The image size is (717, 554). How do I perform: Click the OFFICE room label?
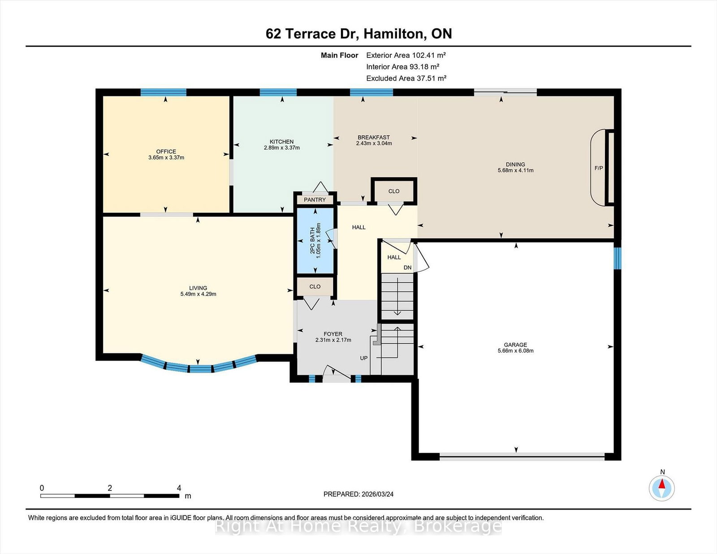coord(166,152)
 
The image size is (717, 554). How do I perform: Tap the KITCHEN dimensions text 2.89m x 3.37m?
coord(282,148)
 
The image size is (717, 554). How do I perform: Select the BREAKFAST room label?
coord(374,137)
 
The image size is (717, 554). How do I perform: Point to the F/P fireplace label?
coord(599,168)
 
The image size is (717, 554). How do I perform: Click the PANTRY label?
coord(315,200)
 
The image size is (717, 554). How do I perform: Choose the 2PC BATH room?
coord(315,241)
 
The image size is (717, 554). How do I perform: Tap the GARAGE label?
coord(515,345)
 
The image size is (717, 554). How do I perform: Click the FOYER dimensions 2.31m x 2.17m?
coord(333,340)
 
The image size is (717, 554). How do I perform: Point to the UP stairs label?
coord(363,358)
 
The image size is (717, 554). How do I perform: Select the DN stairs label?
coord(407,268)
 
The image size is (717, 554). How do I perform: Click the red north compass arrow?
coord(662,484)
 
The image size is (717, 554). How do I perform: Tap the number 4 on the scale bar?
coord(179,488)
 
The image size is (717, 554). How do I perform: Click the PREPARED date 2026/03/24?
coord(377,494)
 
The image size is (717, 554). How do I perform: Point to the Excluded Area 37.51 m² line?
coord(406,78)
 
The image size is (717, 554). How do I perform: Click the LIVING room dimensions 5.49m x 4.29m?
coord(199,294)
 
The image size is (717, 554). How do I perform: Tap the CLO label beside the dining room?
coord(394,191)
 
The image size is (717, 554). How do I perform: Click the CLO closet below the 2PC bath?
coord(315,287)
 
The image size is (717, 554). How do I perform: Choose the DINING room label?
coord(515,164)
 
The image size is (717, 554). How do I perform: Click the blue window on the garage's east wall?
coord(618,258)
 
